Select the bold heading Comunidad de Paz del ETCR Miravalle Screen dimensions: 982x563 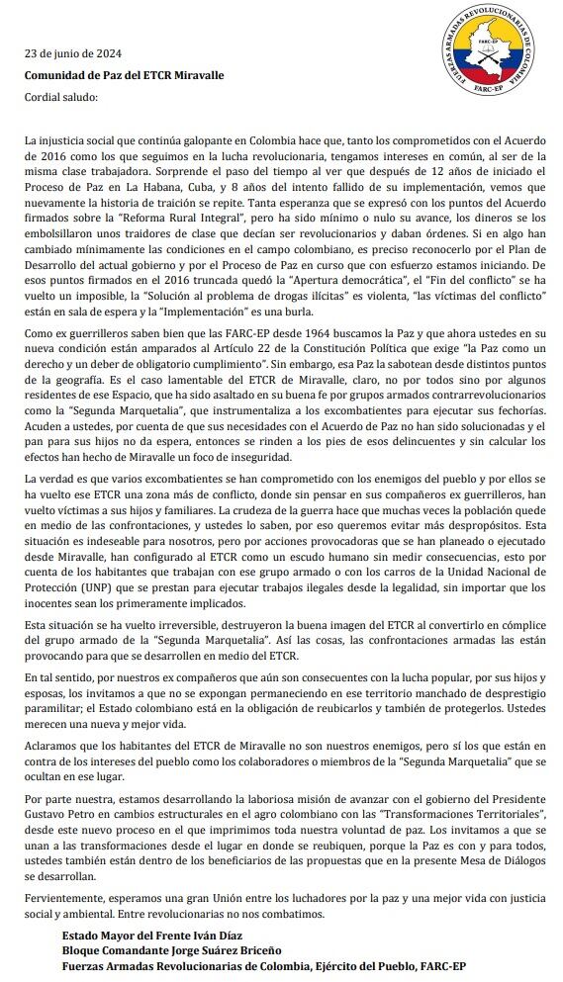[124, 75]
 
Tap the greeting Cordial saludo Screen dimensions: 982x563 [60, 97]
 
